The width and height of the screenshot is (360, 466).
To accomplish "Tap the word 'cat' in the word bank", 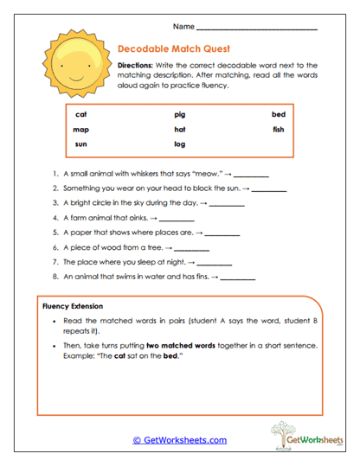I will (80, 115).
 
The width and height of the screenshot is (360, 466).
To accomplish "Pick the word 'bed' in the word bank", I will (278, 115).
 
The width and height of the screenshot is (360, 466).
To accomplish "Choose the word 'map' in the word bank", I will (81, 130).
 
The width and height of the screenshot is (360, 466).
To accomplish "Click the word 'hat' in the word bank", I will (179, 130).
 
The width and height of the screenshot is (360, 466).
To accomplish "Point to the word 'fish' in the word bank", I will (278, 130).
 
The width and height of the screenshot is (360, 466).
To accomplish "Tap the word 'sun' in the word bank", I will (80, 144).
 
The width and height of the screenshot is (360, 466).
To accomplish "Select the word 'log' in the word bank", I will (179, 144).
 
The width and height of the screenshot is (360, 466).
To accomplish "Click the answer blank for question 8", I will (238, 278).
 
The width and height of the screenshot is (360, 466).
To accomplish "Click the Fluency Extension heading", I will (73, 307).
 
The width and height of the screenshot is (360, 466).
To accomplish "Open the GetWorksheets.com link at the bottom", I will (179, 440).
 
